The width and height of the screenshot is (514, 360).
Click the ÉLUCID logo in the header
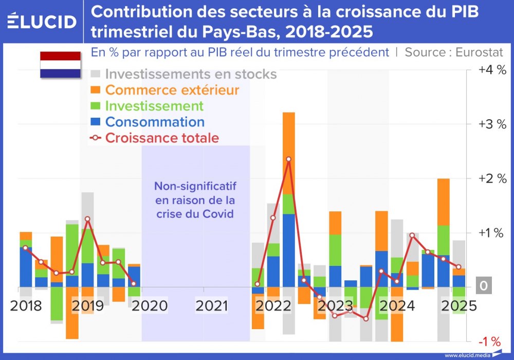click(x=42, y=22)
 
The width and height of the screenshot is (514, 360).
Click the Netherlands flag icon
click(x=61, y=65)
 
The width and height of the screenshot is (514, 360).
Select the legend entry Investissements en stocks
click(x=191, y=74)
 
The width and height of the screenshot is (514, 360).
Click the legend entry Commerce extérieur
click(x=172, y=90)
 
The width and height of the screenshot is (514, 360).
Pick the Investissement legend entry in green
click(x=154, y=106)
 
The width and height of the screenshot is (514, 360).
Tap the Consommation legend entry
click(x=155, y=122)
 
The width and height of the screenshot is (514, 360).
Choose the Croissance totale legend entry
click(x=162, y=138)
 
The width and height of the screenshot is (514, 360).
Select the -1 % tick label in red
click(x=489, y=341)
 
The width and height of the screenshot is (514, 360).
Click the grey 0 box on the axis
click(x=483, y=286)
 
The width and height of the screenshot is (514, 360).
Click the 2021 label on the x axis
click(x=211, y=306)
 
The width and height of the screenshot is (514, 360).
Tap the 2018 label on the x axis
click(x=26, y=306)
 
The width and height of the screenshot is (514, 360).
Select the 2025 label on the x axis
click(x=458, y=306)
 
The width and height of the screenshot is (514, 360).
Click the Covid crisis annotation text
click(x=195, y=200)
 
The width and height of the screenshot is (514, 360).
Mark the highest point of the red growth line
click(x=288, y=159)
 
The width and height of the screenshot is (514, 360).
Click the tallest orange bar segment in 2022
click(x=289, y=153)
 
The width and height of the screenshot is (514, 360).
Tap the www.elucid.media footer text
click(x=466, y=355)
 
